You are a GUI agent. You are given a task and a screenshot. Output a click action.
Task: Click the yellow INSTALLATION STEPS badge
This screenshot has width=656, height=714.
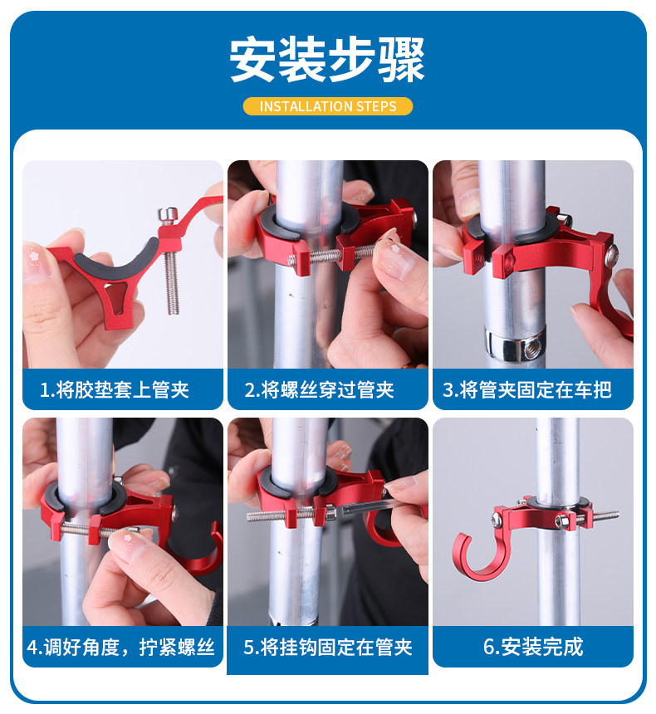[x=327, y=106]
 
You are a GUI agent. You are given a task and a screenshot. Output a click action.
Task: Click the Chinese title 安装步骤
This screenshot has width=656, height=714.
[x=327, y=60]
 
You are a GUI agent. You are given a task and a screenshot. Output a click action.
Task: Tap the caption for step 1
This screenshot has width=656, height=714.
[x=115, y=389]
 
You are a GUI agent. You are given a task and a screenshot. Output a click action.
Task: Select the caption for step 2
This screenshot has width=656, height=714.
[x=319, y=389]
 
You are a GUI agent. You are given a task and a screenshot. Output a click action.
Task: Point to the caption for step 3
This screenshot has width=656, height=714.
[x=527, y=389]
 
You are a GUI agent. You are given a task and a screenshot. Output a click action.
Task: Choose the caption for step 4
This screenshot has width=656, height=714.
[x=120, y=647]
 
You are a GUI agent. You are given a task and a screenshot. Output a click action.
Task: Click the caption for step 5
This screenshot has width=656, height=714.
[x=327, y=647]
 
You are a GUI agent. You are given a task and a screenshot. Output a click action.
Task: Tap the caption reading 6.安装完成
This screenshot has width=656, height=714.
[x=533, y=647]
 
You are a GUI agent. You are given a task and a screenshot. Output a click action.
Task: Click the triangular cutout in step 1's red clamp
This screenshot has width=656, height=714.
[x=115, y=296]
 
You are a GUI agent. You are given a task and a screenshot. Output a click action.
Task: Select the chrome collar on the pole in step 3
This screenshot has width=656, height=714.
[x=514, y=345]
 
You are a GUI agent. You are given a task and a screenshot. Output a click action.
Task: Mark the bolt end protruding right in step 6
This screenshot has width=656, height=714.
[x=606, y=516]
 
